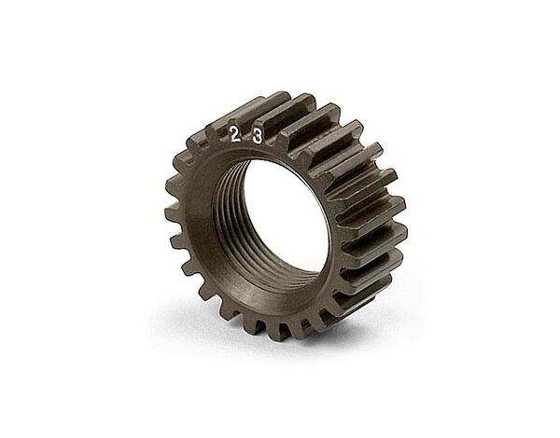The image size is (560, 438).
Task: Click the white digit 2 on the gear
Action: tap(234, 135)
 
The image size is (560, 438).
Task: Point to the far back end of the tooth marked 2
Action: tap(280, 97)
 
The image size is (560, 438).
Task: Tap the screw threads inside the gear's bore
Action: tap(232, 228)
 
